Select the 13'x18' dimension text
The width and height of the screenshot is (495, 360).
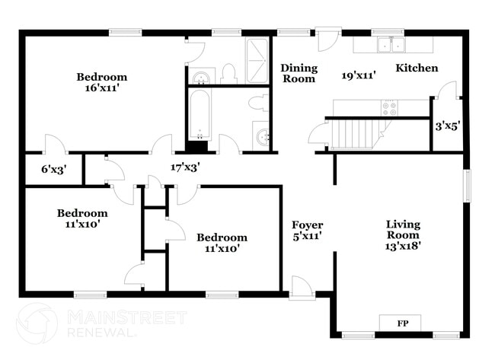coord(404,245)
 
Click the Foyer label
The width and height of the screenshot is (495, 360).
coord(308,225)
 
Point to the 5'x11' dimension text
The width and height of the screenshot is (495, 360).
coord(308,236)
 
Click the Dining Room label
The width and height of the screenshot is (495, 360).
coord(299,73)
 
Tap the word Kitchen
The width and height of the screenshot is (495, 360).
coord(417,68)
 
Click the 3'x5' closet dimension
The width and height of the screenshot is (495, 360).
coord(447,126)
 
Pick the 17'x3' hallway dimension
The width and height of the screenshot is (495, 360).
coord(185,167)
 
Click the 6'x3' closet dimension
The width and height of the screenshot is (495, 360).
coord(54,170)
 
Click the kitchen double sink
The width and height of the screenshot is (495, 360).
coord(391,44)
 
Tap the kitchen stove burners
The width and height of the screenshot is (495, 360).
coord(389,107)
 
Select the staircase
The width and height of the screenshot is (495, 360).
coord(356,134)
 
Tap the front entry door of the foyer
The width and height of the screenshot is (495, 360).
coord(301,288)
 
